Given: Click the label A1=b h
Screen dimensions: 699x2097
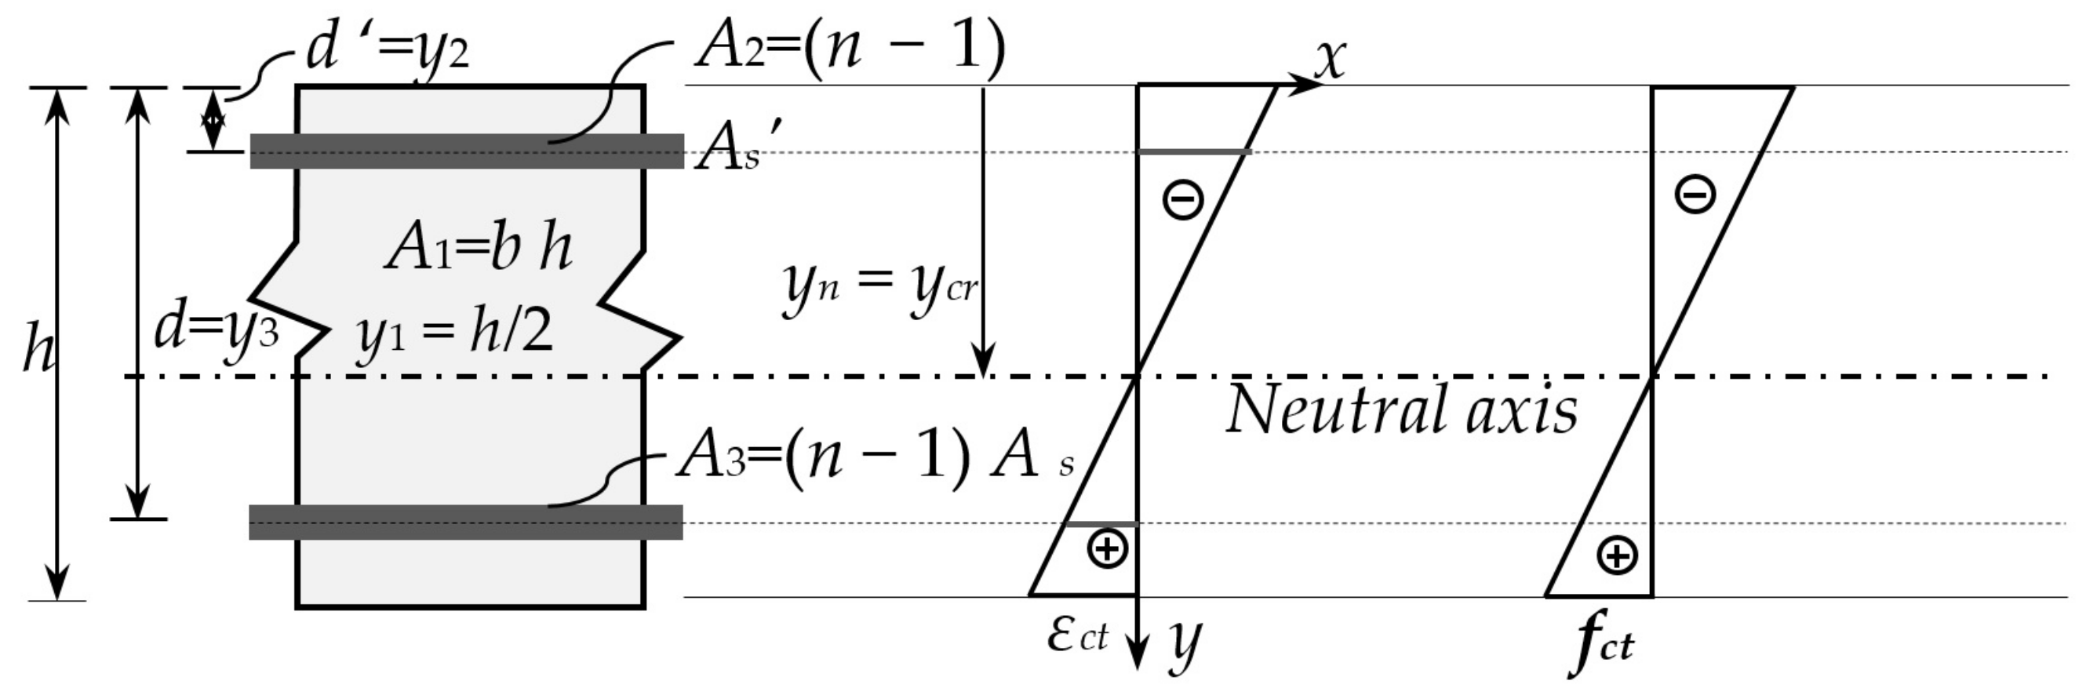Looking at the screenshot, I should click(479, 248).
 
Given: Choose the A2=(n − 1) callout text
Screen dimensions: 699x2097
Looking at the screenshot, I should click(849, 47).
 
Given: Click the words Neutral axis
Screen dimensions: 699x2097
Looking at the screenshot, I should click(1400, 410).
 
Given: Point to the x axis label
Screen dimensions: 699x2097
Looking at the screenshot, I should click(1329, 59).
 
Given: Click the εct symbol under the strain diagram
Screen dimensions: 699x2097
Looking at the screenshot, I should click(1077, 635).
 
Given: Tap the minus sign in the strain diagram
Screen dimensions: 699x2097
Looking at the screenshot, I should click(1183, 198).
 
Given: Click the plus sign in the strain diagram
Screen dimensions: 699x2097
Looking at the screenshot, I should click(1107, 548).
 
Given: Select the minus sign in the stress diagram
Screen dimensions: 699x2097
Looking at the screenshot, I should click(1695, 195).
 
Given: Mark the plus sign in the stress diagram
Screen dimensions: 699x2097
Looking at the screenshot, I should click(1617, 555).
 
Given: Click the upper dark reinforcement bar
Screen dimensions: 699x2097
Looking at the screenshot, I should click(467, 151).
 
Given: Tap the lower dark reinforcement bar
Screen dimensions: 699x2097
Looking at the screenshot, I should click(466, 522).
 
